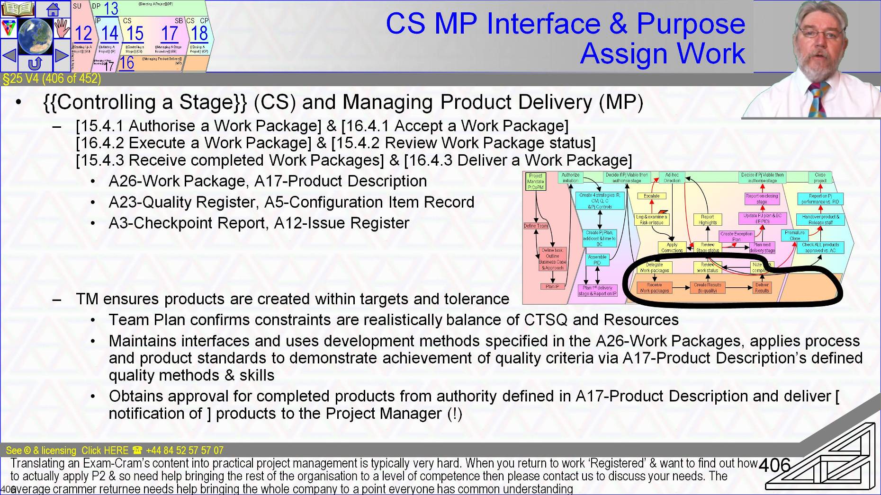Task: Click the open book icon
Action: point(18,9)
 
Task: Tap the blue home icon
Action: point(53,9)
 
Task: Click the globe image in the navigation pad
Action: point(35,35)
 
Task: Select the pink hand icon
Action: point(62,28)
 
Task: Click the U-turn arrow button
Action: point(35,63)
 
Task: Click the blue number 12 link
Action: point(83,33)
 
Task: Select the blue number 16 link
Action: point(126,63)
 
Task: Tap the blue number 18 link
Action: point(199,33)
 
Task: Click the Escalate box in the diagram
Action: point(651,196)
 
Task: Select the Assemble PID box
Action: point(597,260)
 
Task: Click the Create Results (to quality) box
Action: point(707,288)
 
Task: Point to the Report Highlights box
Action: point(707,220)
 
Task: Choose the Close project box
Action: point(820,177)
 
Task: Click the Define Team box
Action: point(536,226)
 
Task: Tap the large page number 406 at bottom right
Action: point(775,465)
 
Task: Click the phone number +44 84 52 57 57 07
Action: point(184,451)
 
